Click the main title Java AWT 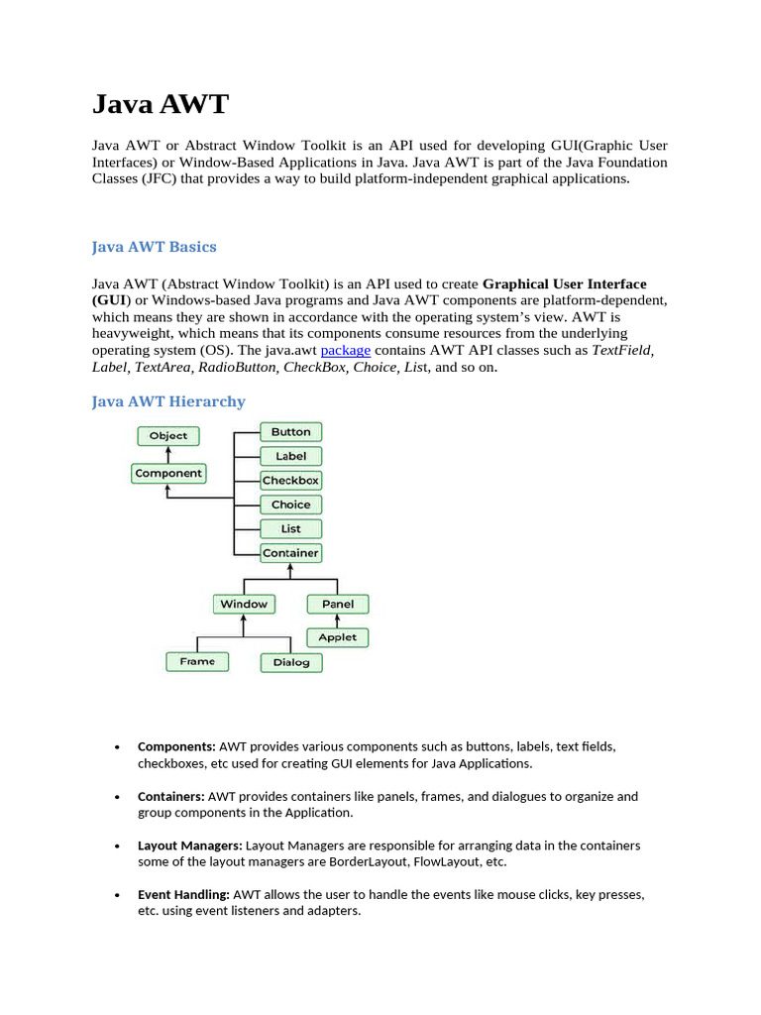161,104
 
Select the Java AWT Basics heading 154,247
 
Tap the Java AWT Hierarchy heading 168,401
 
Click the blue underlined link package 346,350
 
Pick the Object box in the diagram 168,435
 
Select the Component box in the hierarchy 168,474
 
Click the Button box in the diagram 291,432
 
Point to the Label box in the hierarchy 291,456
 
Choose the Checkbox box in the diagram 291,481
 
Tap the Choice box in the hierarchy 291,505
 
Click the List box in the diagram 291,528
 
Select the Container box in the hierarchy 291,553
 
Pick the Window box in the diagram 244,604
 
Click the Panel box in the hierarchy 338,604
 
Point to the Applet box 338,637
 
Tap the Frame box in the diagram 197,661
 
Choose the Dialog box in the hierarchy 291,662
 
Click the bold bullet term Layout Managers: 189,846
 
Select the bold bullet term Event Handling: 183,894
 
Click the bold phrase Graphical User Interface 565,283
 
